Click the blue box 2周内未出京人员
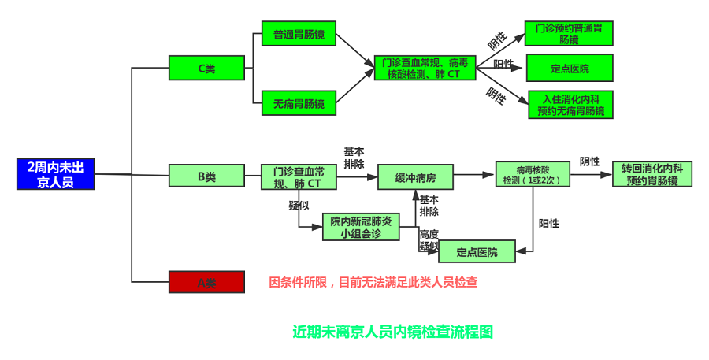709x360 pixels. (56, 174)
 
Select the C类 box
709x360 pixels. (206, 69)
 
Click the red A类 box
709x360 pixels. (206, 282)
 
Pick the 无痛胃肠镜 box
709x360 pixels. (299, 103)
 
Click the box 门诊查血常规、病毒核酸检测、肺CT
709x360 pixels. (425, 68)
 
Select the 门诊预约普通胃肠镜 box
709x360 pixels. (569, 33)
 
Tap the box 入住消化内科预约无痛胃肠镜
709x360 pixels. (570, 104)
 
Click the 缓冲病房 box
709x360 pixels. (416, 177)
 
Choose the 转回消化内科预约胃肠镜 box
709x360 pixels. (651, 174)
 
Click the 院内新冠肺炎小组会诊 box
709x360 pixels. (361, 227)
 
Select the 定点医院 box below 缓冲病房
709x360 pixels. (477, 252)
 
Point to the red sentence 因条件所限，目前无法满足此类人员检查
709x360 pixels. (373, 282)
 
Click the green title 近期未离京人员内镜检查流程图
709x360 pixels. (392, 332)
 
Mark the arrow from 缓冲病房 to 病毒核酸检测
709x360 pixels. (474, 175)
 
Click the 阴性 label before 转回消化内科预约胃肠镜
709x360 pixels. (590, 161)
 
